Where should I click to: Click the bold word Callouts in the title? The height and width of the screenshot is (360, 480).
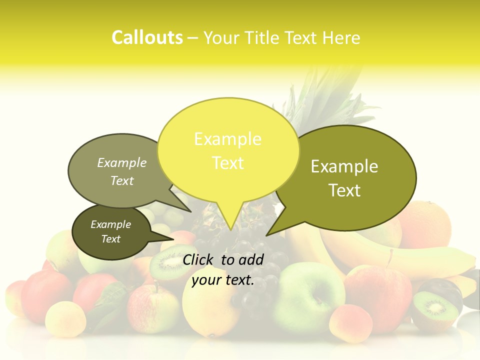147,37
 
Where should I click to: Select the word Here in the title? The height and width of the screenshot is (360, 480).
341,38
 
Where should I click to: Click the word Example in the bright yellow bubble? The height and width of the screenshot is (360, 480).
227,139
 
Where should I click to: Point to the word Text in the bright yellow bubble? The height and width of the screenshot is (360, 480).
227,163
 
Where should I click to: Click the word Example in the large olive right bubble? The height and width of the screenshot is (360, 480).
344,166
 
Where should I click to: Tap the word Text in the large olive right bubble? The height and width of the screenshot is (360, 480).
345,190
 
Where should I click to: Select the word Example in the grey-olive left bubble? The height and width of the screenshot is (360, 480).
122,162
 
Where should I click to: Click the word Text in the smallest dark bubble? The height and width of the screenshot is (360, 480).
111,239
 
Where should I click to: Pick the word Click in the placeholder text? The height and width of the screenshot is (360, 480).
199,259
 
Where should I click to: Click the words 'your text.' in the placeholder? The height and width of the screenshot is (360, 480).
223,280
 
